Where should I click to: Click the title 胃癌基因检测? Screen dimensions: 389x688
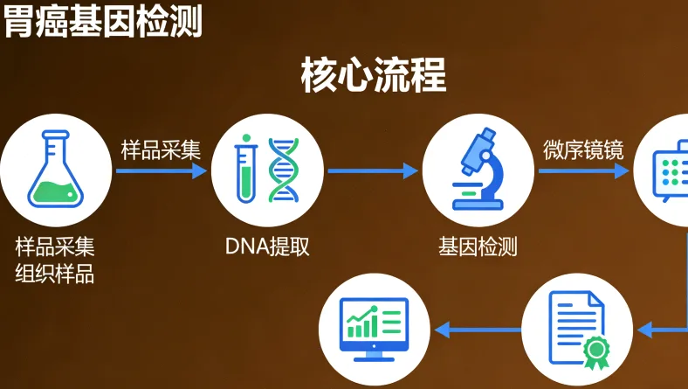(102, 20)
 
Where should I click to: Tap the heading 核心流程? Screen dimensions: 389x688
(373, 76)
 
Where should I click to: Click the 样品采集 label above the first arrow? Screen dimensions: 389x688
(161, 149)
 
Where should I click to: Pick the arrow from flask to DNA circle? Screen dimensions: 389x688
(161, 171)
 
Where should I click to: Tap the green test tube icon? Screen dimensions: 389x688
(246, 170)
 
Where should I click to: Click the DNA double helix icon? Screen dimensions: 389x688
(282, 170)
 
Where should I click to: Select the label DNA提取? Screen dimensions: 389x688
(267, 247)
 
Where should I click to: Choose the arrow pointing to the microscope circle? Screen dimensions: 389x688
(373, 171)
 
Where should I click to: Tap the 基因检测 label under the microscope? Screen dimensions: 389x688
(478, 247)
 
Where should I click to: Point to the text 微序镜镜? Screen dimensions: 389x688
(583, 149)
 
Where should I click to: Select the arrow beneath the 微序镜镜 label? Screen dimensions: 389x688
(583, 171)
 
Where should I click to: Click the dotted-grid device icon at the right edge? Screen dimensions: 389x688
(675, 170)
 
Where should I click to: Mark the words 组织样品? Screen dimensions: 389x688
(55, 274)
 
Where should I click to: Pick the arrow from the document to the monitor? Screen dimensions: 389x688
(478, 330)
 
